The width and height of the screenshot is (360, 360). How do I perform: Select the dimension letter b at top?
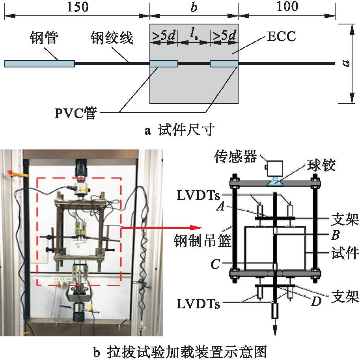[194, 7]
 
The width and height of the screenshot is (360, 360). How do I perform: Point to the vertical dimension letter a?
[347, 63]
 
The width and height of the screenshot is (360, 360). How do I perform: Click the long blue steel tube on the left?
[39, 63]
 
